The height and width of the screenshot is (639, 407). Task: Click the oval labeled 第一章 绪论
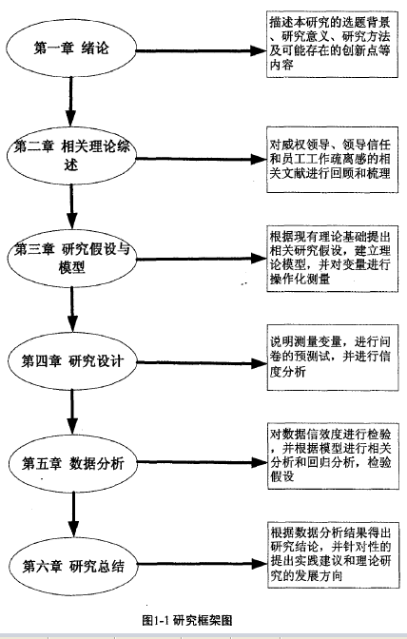71,48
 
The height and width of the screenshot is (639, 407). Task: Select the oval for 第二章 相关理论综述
71,156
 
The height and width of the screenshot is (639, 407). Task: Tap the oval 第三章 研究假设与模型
71,258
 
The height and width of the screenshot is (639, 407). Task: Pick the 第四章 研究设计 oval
72,360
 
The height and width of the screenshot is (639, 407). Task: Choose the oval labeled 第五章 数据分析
72,463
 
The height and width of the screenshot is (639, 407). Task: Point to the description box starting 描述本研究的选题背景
332,45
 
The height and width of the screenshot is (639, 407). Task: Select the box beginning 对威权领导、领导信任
332,160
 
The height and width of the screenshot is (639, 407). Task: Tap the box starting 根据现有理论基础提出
333,259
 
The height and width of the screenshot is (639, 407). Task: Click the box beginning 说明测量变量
333,358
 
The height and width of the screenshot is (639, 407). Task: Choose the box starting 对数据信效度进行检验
333,456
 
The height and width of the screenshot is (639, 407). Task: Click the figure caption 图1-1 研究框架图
187,620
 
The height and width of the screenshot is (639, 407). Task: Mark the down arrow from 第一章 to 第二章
71,102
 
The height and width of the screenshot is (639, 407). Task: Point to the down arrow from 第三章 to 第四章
72,309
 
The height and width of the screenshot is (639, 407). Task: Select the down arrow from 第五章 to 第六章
73,514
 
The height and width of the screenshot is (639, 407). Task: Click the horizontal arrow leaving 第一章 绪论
202,51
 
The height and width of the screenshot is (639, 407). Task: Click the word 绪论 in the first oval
95,48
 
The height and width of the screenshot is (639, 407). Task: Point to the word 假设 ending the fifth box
281,476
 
